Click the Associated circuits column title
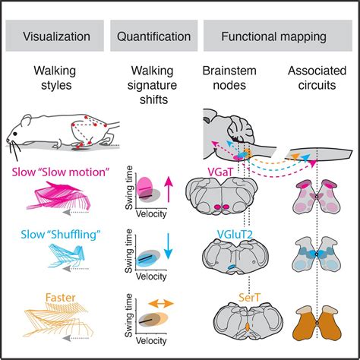pos(312,78)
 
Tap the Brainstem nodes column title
pos(226,78)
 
